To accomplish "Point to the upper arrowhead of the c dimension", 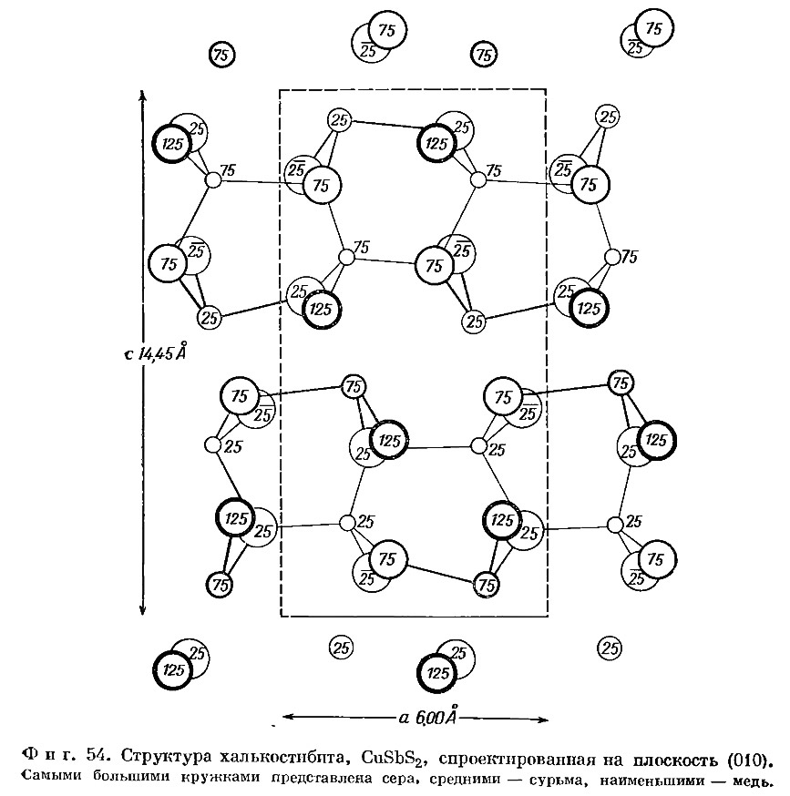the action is (x=143, y=95).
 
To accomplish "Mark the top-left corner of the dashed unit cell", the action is (x=280, y=90).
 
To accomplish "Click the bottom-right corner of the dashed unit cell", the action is (x=547, y=617).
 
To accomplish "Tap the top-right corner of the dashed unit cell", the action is (x=546, y=90).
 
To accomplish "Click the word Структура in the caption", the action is (x=167, y=757).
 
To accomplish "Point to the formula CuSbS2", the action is (x=394, y=758).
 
